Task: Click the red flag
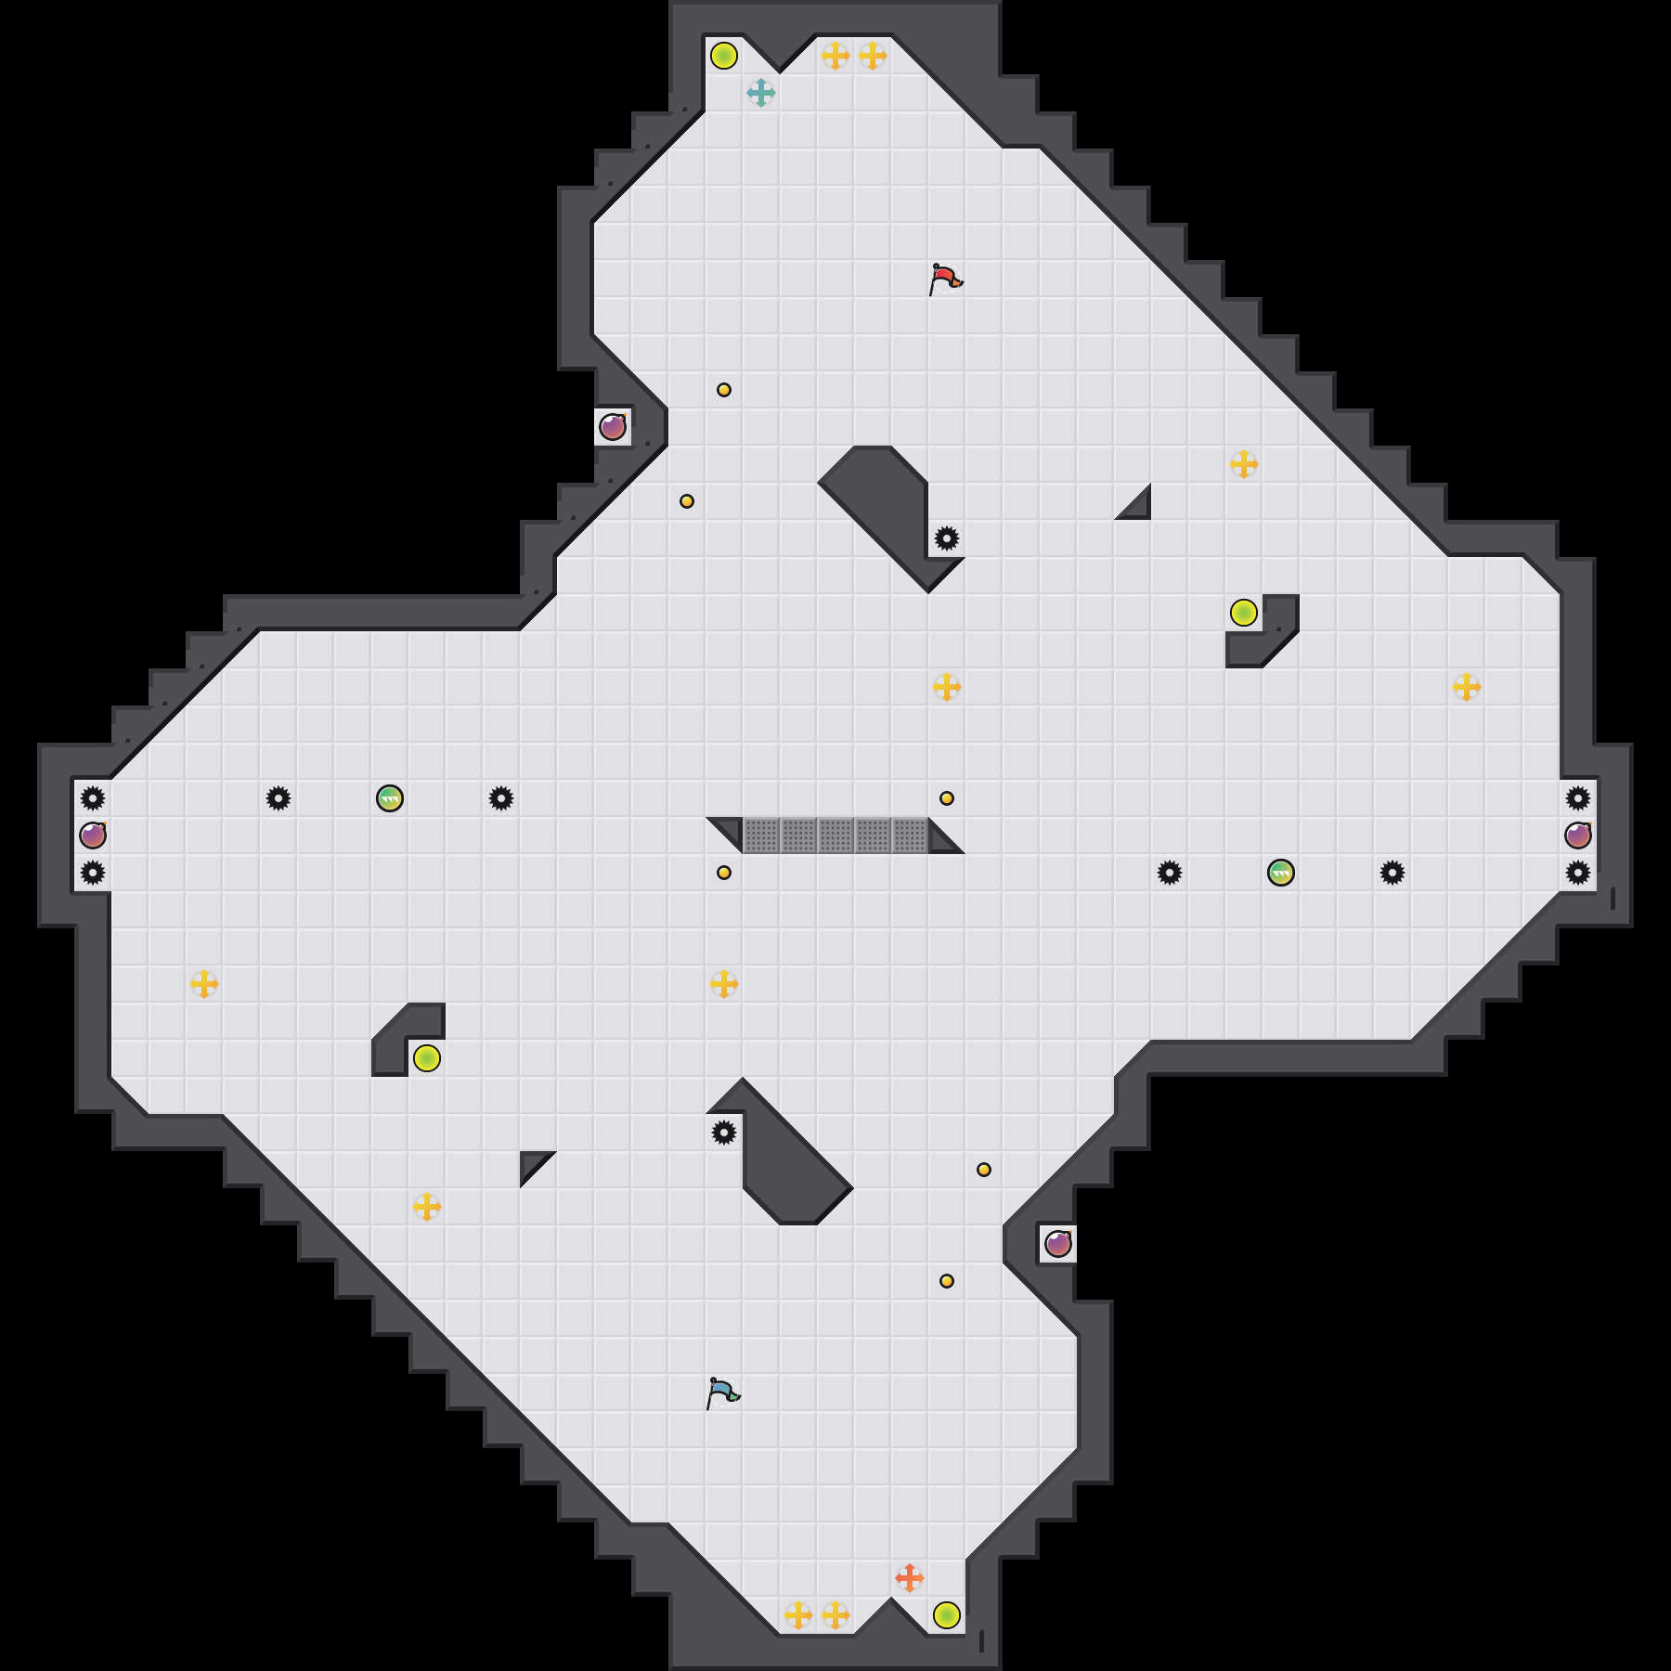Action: (945, 278)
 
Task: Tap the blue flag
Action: (722, 1392)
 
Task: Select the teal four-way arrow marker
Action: (761, 93)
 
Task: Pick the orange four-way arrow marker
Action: (910, 1577)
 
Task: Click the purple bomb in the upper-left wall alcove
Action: (613, 427)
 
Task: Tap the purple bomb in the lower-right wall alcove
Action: (1058, 1243)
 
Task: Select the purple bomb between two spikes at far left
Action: (93, 835)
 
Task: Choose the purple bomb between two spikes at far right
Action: (1578, 835)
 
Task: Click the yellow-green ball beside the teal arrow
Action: (724, 56)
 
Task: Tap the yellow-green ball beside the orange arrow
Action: (947, 1615)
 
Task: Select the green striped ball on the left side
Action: (390, 798)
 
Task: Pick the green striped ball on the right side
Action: (1281, 873)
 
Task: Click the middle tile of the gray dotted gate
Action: (835, 835)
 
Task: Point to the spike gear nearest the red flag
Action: (947, 538)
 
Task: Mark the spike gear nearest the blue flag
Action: (724, 1133)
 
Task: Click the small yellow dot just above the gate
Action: (947, 798)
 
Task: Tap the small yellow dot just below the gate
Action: (724, 873)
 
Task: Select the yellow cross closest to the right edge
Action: (1467, 687)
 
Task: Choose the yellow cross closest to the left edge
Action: (204, 984)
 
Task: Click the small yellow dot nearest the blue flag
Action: (947, 1281)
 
